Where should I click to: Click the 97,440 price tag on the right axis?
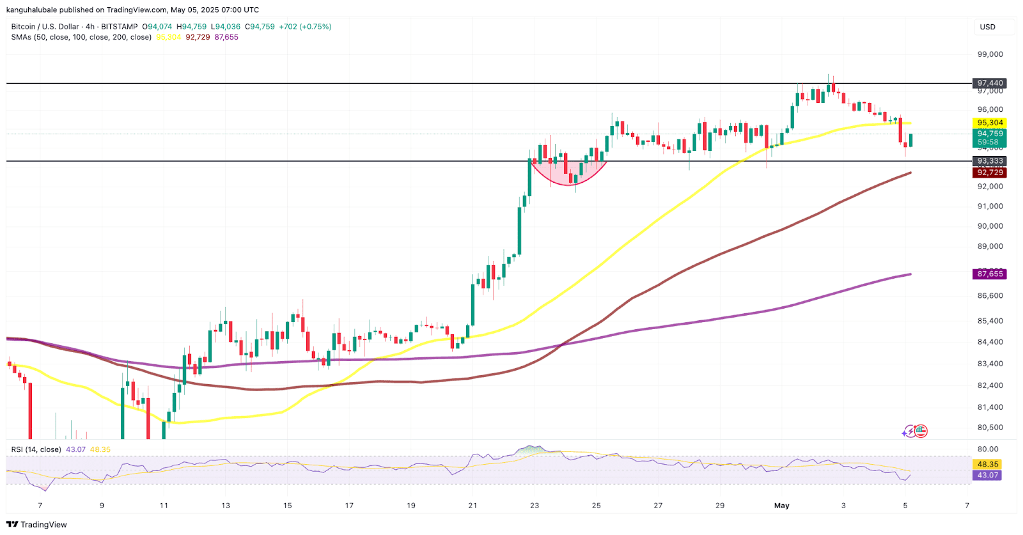[x=990, y=83]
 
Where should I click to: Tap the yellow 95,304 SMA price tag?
[x=990, y=123]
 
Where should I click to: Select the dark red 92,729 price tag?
[x=990, y=173]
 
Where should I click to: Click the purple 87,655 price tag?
[x=990, y=274]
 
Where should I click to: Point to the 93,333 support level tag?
[x=990, y=161]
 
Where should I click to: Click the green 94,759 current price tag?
[x=990, y=134]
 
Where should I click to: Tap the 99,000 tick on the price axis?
[x=990, y=54]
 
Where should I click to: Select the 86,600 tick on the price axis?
[x=990, y=295]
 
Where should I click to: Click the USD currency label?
[x=988, y=27]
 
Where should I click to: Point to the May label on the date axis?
[x=781, y=506]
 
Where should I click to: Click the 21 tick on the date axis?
[x=472, y=506]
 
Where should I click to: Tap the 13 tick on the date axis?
[x=226, y=506]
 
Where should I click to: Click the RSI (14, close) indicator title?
[x=36, y=449]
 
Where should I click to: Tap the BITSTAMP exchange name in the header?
[x=120, y=27]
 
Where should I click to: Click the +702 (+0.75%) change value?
[x=306, y=27]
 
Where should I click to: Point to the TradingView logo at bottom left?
[x=36, y=525]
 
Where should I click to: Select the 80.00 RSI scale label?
[x=988, y=449]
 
